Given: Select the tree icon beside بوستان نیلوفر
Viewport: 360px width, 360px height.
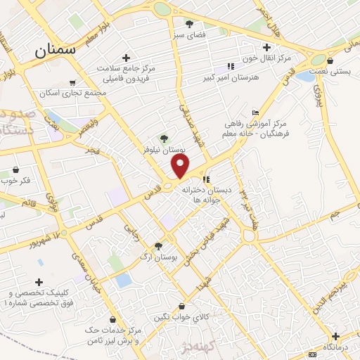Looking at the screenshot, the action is point(165,139).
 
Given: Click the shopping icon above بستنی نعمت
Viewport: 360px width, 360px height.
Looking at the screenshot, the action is point(330,61).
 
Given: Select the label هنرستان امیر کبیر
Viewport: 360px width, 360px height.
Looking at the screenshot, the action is point(231,77).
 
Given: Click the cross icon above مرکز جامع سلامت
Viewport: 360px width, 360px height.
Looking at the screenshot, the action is point(126,58).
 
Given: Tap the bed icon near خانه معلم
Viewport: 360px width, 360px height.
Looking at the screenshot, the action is point(255,113).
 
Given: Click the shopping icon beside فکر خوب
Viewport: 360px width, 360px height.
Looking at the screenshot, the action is point(15,169).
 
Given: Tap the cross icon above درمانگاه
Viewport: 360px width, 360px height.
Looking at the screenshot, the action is point(335,335).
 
